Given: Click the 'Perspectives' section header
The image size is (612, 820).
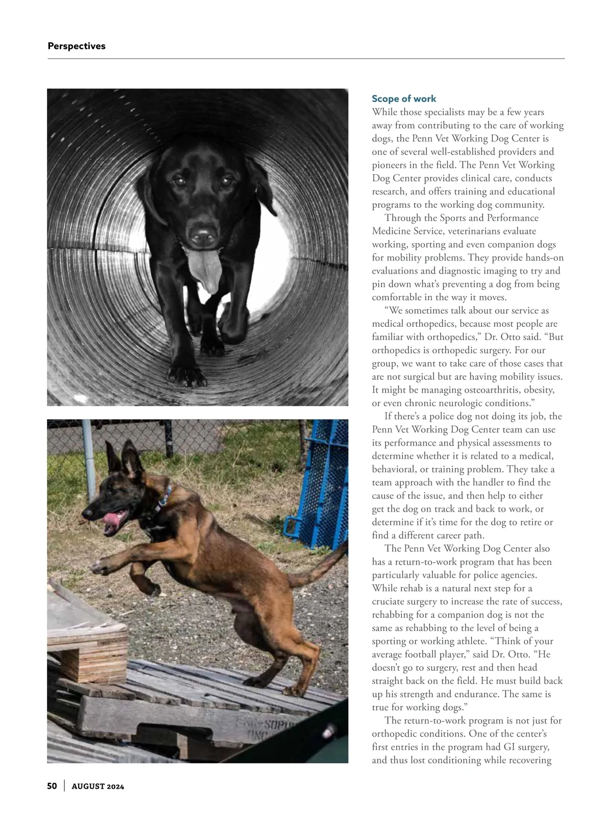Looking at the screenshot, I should [76, 46].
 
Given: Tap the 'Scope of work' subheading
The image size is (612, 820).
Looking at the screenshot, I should [404, 99].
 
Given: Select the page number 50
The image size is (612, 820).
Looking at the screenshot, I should [52, 786].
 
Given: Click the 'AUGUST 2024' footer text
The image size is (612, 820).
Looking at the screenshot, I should [98, 786].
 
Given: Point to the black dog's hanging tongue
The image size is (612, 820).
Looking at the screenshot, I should [205, 270].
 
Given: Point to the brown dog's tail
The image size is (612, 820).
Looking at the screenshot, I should [321, 567].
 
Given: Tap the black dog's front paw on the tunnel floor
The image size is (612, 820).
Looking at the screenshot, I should [186, 375].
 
